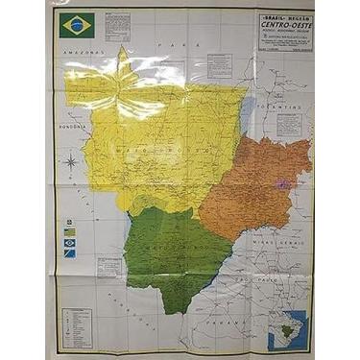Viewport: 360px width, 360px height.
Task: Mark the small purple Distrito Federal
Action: tap(282, 181)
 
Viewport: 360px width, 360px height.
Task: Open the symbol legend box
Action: tap(75, 327)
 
